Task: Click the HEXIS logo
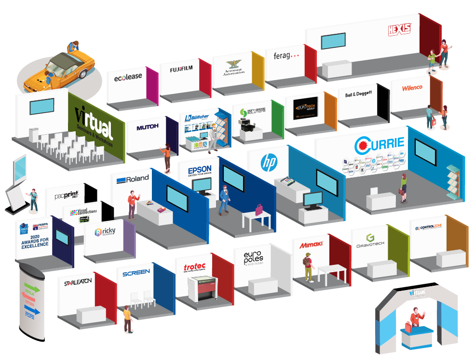point(399,29)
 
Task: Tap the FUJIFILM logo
point(181,69)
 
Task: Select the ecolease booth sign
point(128,77)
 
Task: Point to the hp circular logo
point(267,162)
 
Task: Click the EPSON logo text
point(200,171)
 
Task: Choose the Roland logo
point(128,180)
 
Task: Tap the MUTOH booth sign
point(147,127)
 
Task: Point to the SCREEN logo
point(136,274)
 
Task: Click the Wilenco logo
point(412,88)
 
